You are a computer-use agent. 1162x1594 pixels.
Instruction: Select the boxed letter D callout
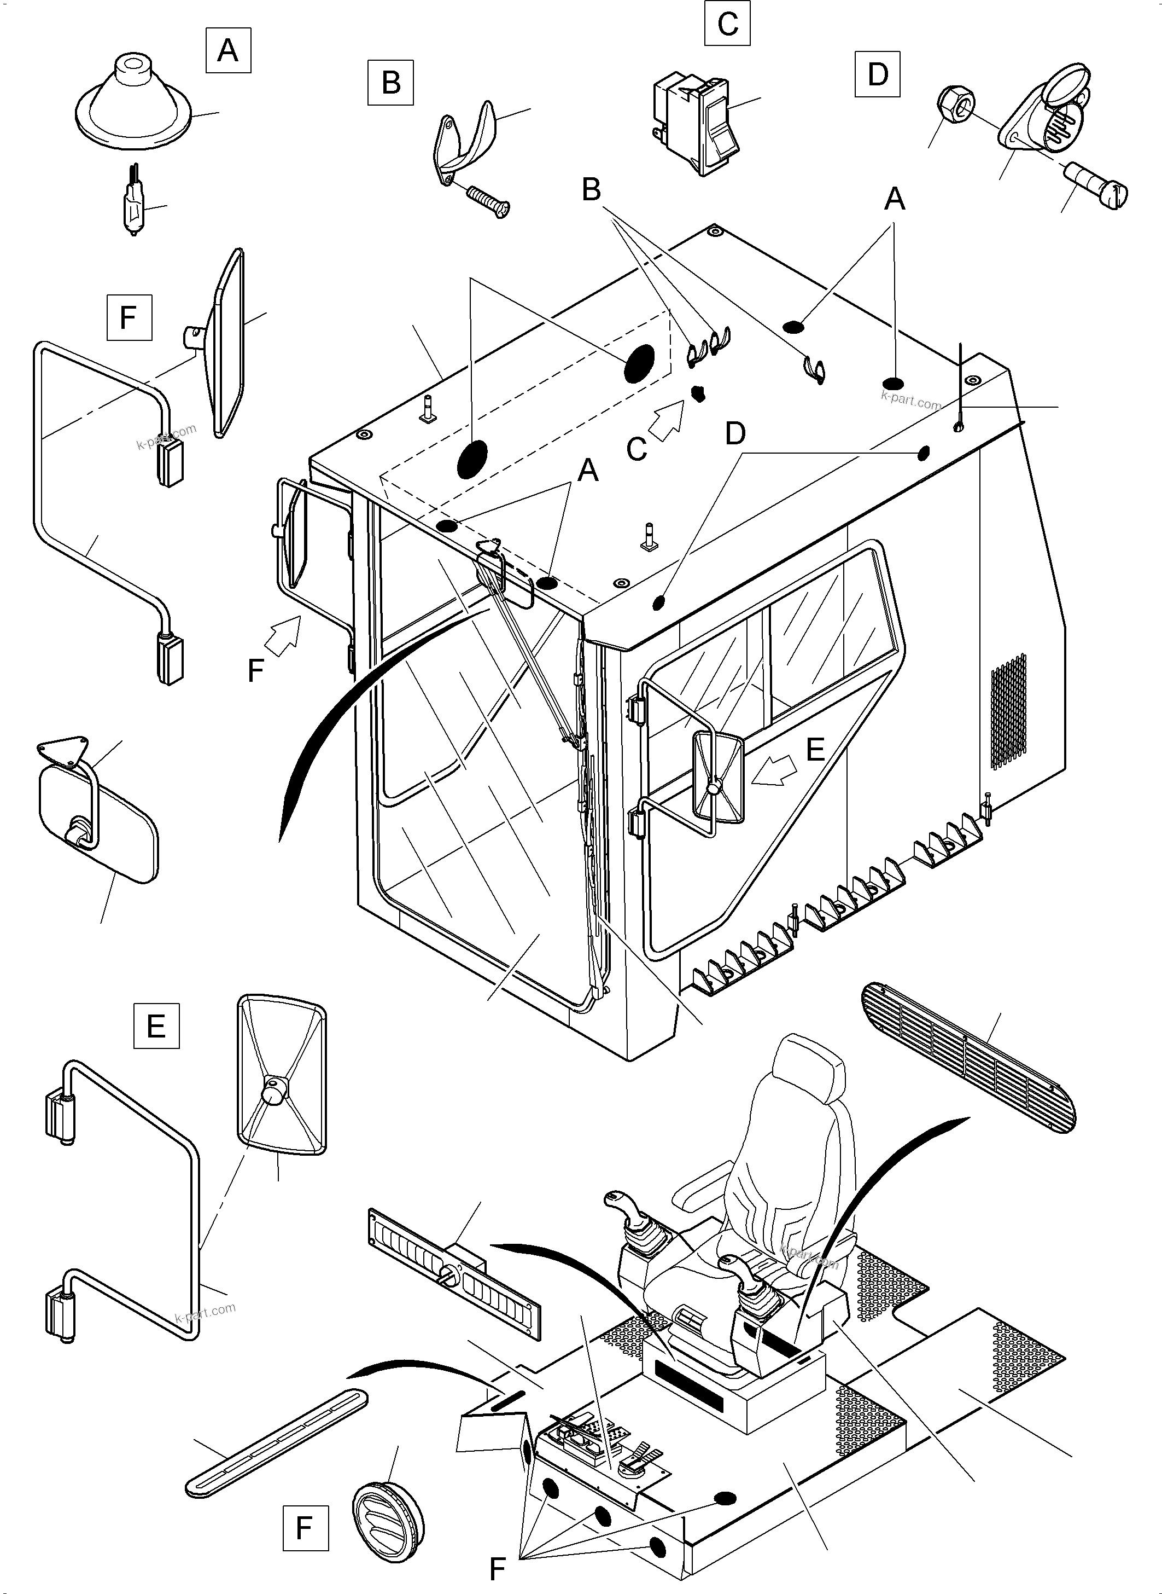click(877, 74)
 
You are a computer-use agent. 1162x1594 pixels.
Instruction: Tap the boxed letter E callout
click(156, 1025)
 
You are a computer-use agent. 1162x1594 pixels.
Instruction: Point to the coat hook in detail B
click(464, 138)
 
